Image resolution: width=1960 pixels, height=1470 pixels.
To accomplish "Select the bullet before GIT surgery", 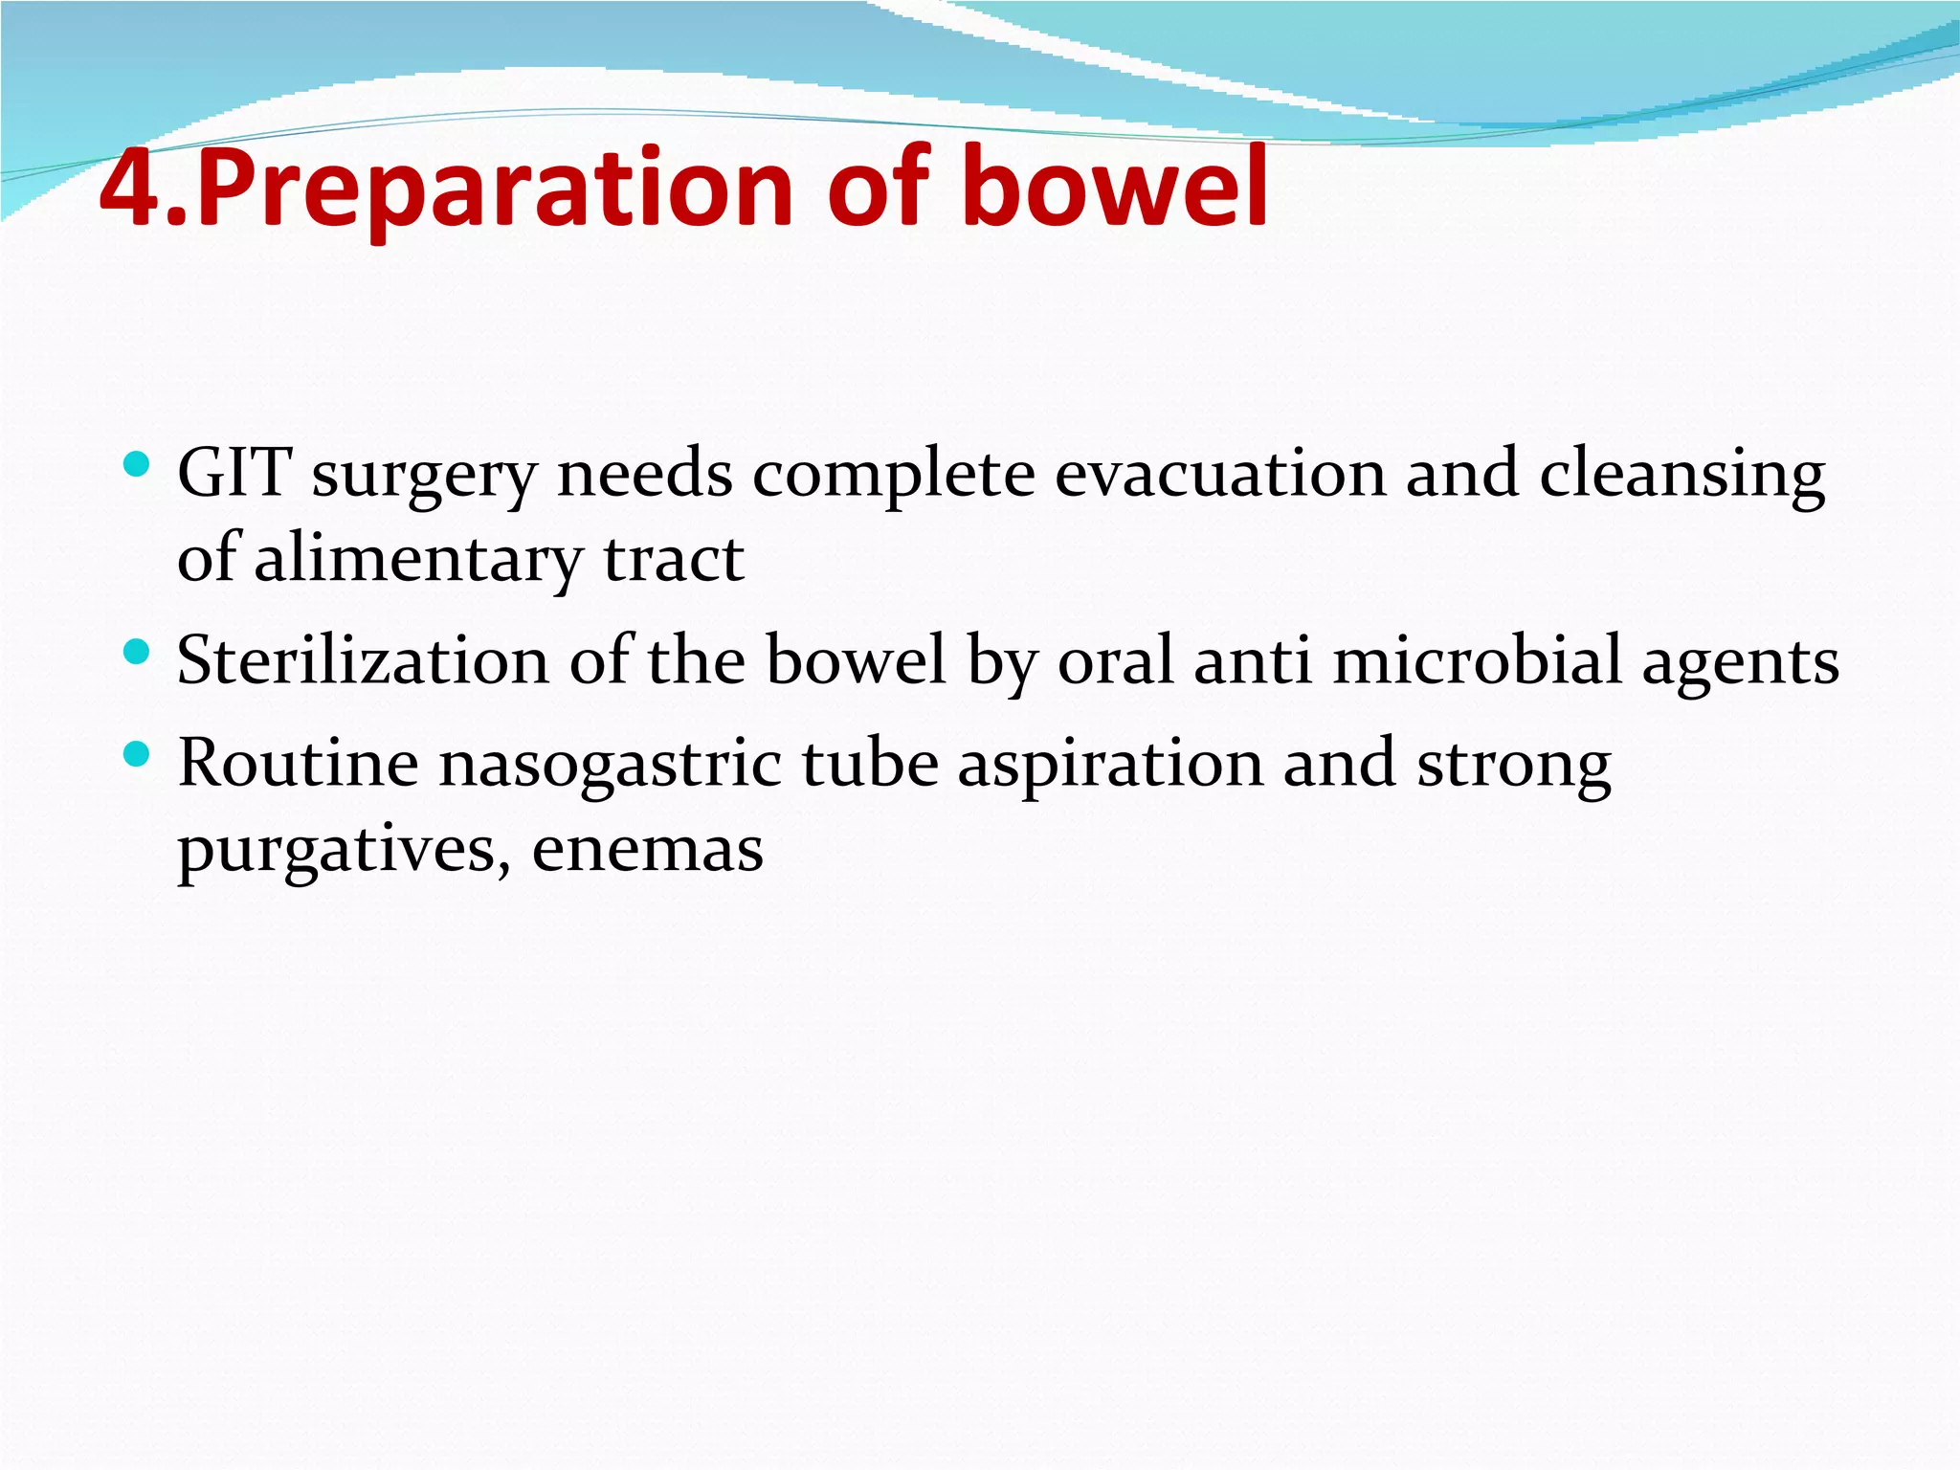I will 138,466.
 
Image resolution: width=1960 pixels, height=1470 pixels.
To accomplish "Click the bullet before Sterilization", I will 138,654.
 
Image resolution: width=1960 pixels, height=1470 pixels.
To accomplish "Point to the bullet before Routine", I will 138,755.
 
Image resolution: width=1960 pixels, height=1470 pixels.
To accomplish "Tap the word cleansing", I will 1682,475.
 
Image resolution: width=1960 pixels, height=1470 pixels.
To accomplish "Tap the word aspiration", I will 1110,766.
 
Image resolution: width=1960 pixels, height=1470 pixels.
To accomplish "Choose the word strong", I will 1514,766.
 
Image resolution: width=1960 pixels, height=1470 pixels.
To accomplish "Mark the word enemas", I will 648,850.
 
